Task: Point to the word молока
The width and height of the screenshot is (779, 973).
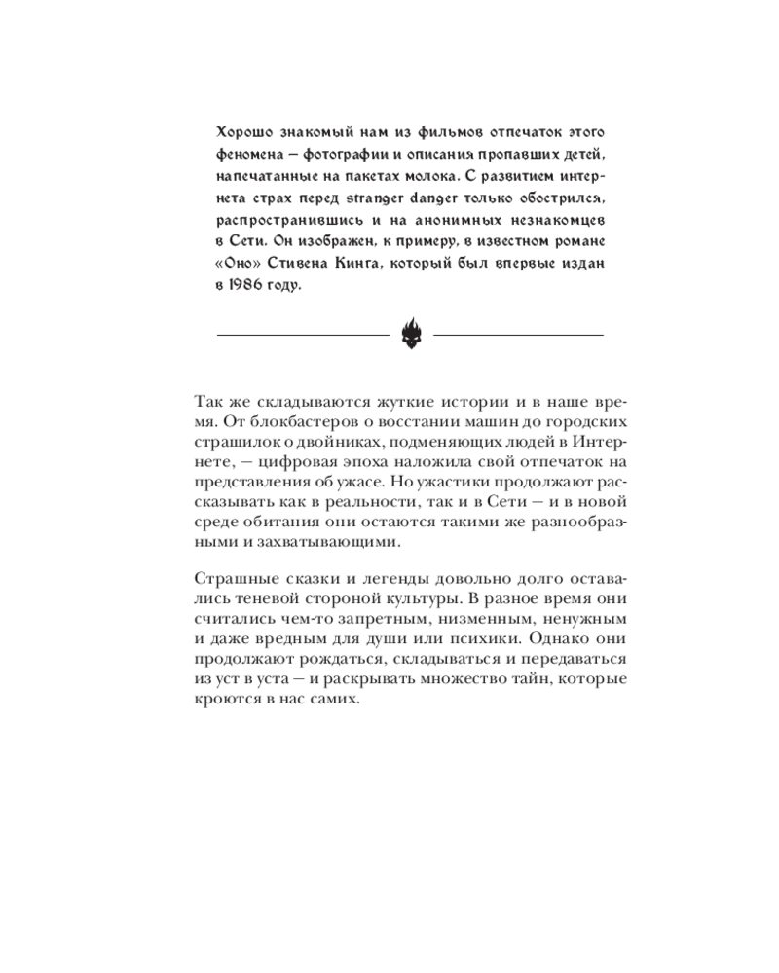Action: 473,179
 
